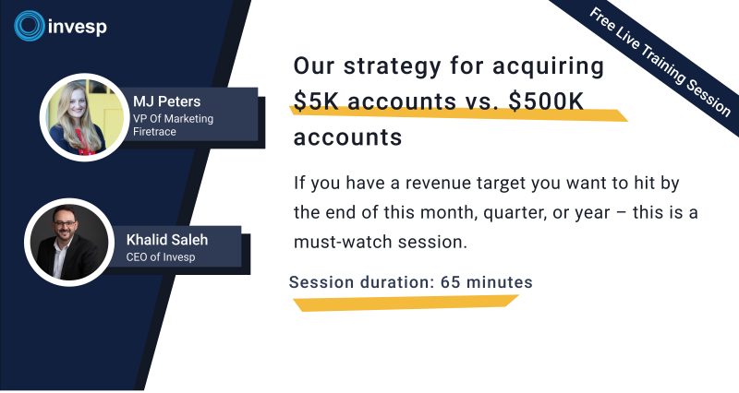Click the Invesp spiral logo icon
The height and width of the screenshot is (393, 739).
30,26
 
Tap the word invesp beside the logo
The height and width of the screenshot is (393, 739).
78,27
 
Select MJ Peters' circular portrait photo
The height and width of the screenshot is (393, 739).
84,117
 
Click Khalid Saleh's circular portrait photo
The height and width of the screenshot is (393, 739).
69,243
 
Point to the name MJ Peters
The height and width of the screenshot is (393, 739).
167,101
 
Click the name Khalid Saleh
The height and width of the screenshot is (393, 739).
167,240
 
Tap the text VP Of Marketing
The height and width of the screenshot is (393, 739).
173,119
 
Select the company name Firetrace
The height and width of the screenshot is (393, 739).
154,132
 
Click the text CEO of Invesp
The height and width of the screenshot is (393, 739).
161,257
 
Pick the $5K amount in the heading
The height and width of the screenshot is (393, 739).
316,101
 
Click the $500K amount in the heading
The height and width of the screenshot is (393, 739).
546,101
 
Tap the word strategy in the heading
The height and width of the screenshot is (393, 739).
392,66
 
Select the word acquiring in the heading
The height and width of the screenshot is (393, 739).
548,66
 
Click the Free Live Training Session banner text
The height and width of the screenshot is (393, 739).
660,62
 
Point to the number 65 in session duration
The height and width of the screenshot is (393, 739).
450,282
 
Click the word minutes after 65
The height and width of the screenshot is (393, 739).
499,282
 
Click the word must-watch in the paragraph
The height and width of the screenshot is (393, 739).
343,242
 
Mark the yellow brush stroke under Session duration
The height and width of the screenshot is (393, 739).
406,303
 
